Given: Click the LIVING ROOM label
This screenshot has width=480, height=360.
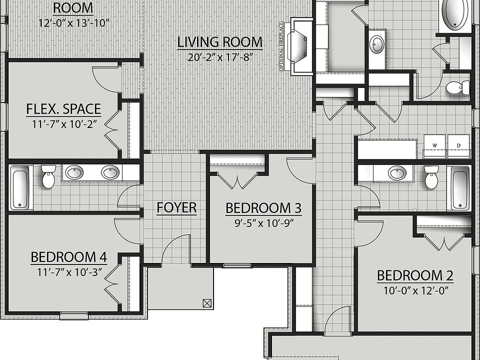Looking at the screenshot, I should [x=219, y=42].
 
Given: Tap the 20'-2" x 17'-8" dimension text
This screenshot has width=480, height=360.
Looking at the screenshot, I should [x=219, y=57].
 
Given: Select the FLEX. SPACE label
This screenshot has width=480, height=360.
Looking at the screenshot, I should [x=63, y=109].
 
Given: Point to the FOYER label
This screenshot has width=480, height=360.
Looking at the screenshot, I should [x=176, y=208].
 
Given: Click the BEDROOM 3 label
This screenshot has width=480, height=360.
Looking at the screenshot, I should [x=258, y=208].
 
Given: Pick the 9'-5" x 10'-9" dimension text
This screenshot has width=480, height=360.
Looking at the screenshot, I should [x=258, y=222].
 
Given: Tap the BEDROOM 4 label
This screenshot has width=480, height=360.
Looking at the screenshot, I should [x=68, y=257].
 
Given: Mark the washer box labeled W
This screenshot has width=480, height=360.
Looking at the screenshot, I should [x=434, y=146].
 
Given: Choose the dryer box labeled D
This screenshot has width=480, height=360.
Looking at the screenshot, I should [x=458, y=146].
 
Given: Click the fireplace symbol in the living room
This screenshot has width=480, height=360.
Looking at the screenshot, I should [x=302, y=45].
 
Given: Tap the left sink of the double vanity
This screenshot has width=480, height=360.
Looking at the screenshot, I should [x=75, y=173].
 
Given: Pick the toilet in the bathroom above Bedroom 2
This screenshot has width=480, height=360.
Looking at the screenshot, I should [x=431, y=177].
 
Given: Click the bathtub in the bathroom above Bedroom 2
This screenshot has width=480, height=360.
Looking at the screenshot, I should [x=460, y=188].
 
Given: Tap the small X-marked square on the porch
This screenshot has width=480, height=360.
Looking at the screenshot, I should [x=206, y=302].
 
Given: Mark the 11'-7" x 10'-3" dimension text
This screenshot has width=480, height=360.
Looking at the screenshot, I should [x=68, y=272].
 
